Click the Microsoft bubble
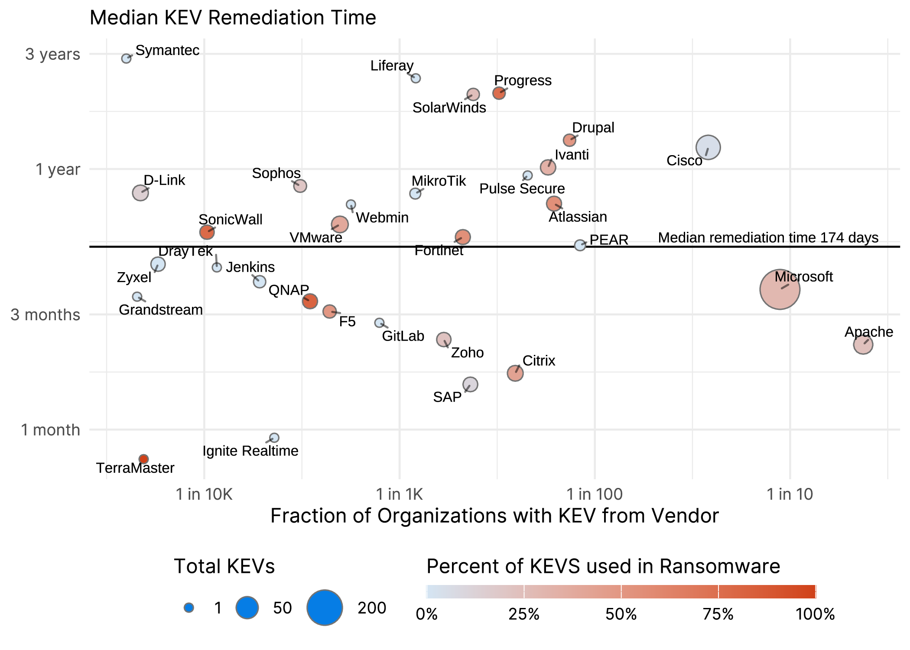(780, 289)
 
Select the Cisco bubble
(708, 147)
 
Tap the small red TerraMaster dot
(143, 459)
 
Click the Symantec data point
(126, 58)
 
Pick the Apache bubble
(863, 345)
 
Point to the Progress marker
(499, 93)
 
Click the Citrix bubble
(515, 373)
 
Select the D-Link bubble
(140, 193)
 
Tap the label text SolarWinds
(449, 107)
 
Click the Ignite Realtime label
(250, 451)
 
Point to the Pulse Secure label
(522, 189)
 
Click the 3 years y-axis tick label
(52, 55)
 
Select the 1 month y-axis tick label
(51, 430)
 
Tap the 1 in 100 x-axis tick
(594, 494)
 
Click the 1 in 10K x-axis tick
(204, 494)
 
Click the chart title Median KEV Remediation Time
(233, 18)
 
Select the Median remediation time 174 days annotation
(768, 237)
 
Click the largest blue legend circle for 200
(325, 608)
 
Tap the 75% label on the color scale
(718, 614)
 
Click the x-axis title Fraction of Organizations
(494, 516)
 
